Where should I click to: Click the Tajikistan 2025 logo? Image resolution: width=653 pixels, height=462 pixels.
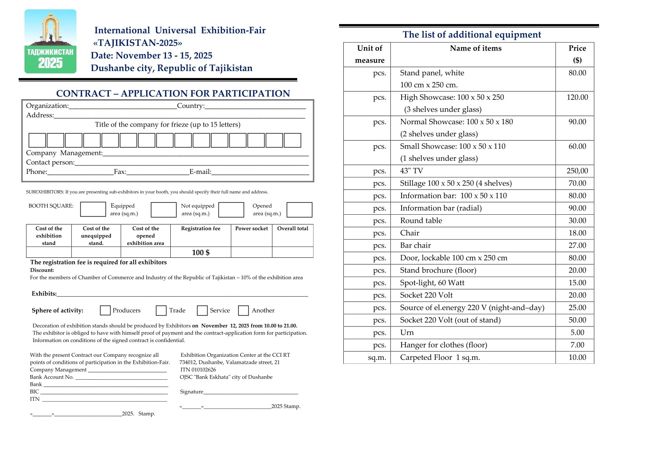coord(50,42)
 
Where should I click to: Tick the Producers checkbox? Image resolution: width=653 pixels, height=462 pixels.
coord(105,310)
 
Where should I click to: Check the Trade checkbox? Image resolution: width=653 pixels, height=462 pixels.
coord(161,310)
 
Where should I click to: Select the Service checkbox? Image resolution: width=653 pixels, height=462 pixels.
coord(202,310)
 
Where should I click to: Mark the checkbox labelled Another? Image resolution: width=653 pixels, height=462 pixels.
coord(243,310)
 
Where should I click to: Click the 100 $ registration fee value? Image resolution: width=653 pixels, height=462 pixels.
coord(201,252)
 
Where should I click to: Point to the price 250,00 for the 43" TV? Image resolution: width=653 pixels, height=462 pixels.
coord(577,171)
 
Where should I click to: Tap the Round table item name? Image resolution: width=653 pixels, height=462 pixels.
coord(421,221)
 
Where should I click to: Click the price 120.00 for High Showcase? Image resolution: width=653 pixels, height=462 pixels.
coord(577,97)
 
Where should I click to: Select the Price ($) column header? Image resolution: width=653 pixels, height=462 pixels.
coord(577,54)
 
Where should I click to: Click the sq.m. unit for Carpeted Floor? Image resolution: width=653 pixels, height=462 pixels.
coord(377,358)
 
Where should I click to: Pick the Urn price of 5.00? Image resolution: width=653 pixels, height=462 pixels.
coord(577,333)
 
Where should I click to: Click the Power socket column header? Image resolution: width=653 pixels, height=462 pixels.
coord(251,229)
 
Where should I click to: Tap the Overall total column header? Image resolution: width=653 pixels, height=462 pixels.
coord(293,229)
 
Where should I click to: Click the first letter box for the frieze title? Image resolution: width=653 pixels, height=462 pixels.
coord(37,140)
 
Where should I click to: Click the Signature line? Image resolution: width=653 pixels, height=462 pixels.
coord(250,391)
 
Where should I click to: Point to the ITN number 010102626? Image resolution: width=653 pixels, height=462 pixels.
coord(204,370)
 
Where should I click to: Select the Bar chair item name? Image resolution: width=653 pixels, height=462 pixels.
coord(415,245)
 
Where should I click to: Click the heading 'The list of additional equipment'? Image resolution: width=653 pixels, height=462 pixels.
coord(471,35)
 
